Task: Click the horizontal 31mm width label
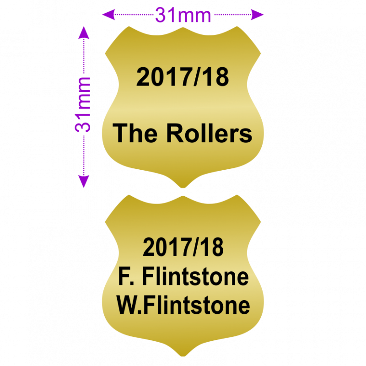click(183, 16)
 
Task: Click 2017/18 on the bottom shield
click(183, 248)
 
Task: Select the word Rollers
click(209, 134)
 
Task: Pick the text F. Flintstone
click(183, 276)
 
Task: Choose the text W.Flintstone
click(183, 305)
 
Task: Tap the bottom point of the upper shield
click(183, 187)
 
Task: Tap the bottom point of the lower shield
click(183, 355)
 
